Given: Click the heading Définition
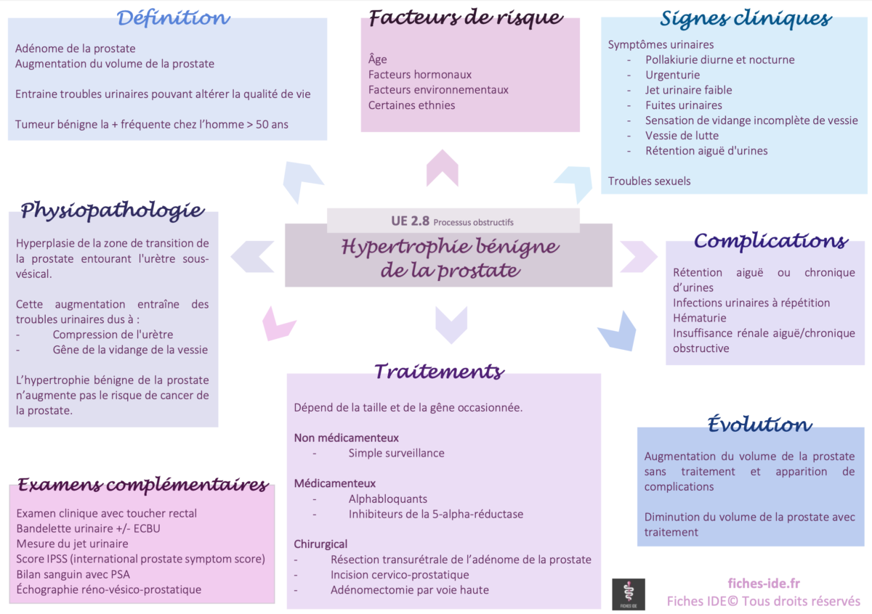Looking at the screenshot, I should (x=174, y=17).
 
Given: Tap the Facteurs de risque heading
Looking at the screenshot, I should (x=466, y=17).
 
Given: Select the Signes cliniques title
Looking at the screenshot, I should (x=746, y=18).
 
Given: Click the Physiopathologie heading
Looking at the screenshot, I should (x=112, y=210).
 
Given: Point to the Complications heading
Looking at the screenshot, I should (x=770, y=240).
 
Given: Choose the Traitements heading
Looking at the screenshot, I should (x=439, y=372).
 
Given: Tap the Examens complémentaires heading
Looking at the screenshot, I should (x=142, y=484).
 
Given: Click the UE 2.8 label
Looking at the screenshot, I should (x=410, y=221).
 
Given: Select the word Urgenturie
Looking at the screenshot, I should (x=672, y=75).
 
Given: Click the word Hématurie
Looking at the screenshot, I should (x=699, y=318).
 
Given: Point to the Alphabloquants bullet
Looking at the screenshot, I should (x=387, y=499).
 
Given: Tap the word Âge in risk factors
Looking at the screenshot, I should (x=378, y=60).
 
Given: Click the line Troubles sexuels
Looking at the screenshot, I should (x=649, y=181).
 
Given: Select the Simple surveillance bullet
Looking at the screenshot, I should (x=396, y=453).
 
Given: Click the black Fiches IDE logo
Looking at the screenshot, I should (x=629, y=594).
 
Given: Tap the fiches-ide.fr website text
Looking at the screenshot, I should (x=764, y=584).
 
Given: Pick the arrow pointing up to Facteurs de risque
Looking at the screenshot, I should (x=442, y=168).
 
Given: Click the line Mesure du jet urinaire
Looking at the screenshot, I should (x=72, y=544).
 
